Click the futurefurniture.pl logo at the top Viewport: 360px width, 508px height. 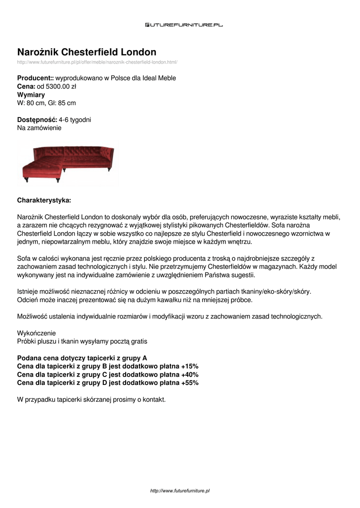pyautogui.click(x=184, y=24)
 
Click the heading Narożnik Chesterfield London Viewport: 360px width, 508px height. pyautogui.click(x=87, y=52)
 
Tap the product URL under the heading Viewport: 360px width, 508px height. pyautogui.click(x=97, y=62)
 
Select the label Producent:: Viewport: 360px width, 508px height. pyautogui.click(x=35, y=78)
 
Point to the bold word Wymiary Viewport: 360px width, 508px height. pyautogui.click(x=31, y=94)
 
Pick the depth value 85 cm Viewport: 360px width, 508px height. pyautogui.click(x=67, y=103)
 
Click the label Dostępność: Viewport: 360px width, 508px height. pyautogui.click(x=37, y=120)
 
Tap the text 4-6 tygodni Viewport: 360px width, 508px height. pyautogui.click(x=75, y=120)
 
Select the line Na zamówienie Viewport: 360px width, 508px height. pyautogui.click(x=39, y=128)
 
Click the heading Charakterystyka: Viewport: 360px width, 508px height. pyautogui.click(x=44, y=200)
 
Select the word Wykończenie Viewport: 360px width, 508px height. pyautogui.click(x=37, y=333)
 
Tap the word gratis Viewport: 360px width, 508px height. pyautogui.click(x=138, y=341)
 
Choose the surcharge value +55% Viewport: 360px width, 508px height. pyautogui.click(x=190, y=383)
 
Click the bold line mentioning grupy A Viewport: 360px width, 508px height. pyautogui.click(x=82, y=358)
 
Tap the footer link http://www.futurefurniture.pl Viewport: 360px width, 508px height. pyautogui.click(x=180, y=491)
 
